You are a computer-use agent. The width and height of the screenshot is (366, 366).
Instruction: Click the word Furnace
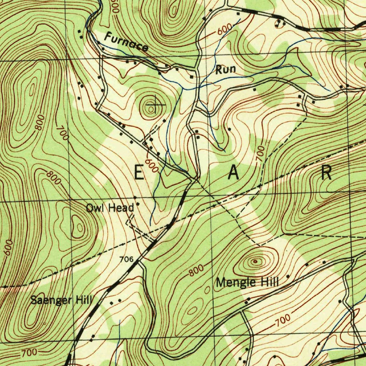[127, 42]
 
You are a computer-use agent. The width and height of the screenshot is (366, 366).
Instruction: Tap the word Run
[226, 69]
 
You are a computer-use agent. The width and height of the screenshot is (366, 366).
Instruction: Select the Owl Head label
[110, 208]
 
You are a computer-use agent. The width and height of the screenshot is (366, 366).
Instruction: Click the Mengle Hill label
[247, 282]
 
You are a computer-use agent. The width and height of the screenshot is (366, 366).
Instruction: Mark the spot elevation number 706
[127, 259]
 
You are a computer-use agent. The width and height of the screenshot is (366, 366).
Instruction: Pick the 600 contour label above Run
[224, 31]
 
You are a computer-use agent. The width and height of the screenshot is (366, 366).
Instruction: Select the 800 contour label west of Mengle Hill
[197, 271]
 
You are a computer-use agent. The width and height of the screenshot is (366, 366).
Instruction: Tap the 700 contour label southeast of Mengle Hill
[283, 321]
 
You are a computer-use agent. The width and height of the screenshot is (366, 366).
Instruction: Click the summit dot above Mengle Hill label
[255, 262]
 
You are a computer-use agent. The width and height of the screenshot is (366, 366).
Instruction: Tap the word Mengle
[233, 282]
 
